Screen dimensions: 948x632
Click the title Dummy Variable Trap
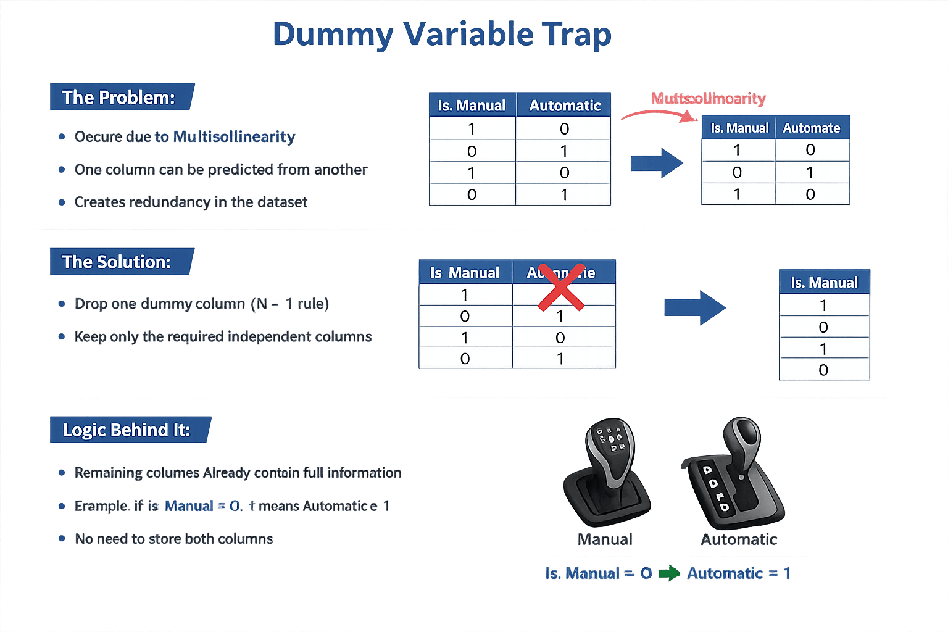442,35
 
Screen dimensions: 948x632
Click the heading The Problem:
119,98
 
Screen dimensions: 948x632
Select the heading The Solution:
117,262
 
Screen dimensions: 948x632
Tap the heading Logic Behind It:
127,430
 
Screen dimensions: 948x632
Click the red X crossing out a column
561,287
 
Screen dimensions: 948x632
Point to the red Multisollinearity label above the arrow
708,99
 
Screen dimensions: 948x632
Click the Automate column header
812,128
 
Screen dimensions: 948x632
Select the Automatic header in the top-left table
564,106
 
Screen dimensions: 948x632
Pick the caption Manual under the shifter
605,540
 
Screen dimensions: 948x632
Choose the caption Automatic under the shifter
739,540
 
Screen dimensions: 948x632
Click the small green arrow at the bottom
669,573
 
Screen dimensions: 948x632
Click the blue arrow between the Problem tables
656,163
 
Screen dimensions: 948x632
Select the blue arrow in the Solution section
694,307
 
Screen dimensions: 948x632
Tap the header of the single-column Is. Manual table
824,283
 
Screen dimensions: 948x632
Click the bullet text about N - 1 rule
202,304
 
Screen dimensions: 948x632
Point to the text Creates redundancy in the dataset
191,202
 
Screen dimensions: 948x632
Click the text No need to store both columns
173,539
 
